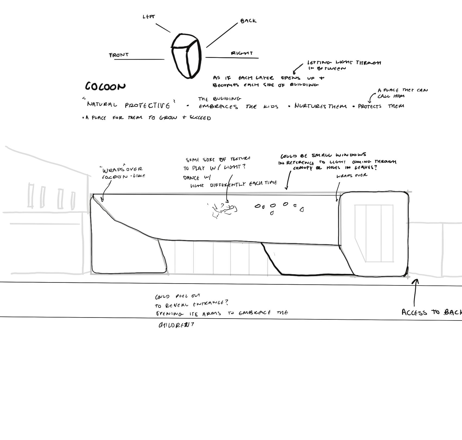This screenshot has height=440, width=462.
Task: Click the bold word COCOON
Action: pos(105,86)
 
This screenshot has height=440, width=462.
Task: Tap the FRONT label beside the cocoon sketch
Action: pos(119,55)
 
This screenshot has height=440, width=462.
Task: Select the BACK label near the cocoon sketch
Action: pos(248,21)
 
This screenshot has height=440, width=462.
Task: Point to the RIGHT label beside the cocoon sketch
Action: pos(242,53)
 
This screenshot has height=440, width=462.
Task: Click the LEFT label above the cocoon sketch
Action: pos(149,17)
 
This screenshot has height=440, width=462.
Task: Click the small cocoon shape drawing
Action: pos(186,56)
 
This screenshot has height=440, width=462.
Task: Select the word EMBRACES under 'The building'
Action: pos(218,107)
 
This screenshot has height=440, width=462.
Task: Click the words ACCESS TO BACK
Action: pos(432,312)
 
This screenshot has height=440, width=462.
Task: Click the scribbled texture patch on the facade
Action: pos(223,210)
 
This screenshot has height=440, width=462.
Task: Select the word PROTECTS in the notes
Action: pos(370,106)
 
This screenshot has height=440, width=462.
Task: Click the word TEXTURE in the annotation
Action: pos(240,159)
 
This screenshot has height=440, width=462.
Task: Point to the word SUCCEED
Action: pos(200,118)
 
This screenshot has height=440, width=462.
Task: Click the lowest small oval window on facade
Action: pos(272,213)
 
